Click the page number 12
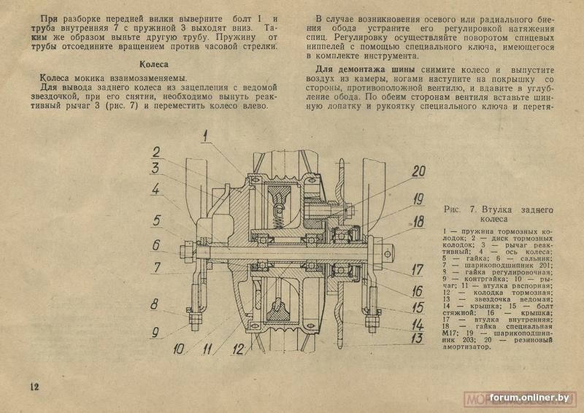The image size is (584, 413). tap(33, 386)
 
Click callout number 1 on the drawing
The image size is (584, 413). tap(207, 134)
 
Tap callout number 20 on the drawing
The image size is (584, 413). tap(417, 172)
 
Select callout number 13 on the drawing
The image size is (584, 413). tap(417, 337)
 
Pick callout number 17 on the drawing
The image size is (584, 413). tap(417, 269)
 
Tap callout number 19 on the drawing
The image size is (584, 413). tap(417, 198)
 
